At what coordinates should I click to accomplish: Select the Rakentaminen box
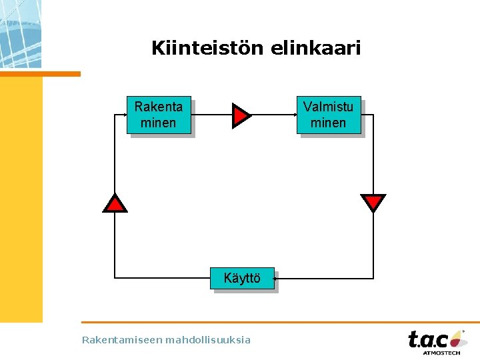click(x=159, y=115)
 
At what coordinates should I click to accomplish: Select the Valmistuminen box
click(x=329, y=115)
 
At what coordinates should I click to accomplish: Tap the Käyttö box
click(x=242, y=278)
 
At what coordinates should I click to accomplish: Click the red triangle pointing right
click(x=240, y=115)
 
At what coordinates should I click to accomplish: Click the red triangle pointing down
click(x=373, y=201)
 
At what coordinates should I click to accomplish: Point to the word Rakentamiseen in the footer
click(x=122, y=340)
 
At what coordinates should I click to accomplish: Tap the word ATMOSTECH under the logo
click(x=441, y=353)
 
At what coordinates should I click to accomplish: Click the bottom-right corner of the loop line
click(x=373, y=278)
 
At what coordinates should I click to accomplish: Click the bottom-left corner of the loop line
click(x=115, y=277)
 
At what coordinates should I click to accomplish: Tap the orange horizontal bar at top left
click(x=40, y=73)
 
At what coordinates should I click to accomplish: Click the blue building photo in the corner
click(x=20, y=33)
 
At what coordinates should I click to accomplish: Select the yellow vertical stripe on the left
click(x=21, y=200)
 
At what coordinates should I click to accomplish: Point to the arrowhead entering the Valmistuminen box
click(x=294, y=115)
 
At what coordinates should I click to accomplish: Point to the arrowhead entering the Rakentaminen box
click(x=125, y=115)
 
